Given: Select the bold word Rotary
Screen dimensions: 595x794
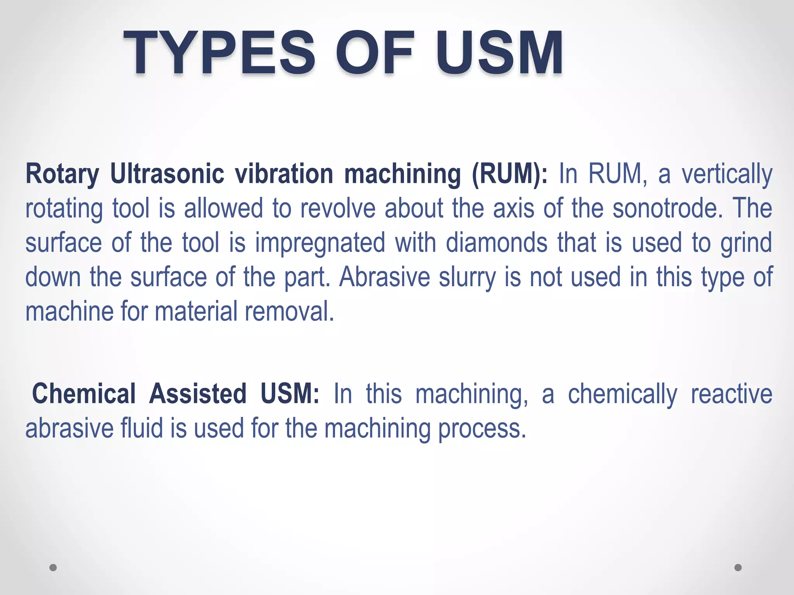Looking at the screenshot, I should [x=62, y=174].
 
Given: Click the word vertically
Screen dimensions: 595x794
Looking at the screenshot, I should [x=727, y=174].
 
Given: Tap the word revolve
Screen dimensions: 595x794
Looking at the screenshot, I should [x=338, y=208].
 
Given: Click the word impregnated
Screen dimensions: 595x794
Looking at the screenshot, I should [x=320, y=243].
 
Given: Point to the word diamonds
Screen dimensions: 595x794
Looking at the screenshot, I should [x=497, y=242].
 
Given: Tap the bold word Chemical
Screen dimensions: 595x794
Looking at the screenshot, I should [x=84, y=394].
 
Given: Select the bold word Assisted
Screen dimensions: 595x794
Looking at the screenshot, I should [x=198, y=394].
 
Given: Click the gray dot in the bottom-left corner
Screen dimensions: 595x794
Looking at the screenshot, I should [x=53, y=567].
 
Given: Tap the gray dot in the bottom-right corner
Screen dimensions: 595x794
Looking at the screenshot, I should [x=738, y=567].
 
